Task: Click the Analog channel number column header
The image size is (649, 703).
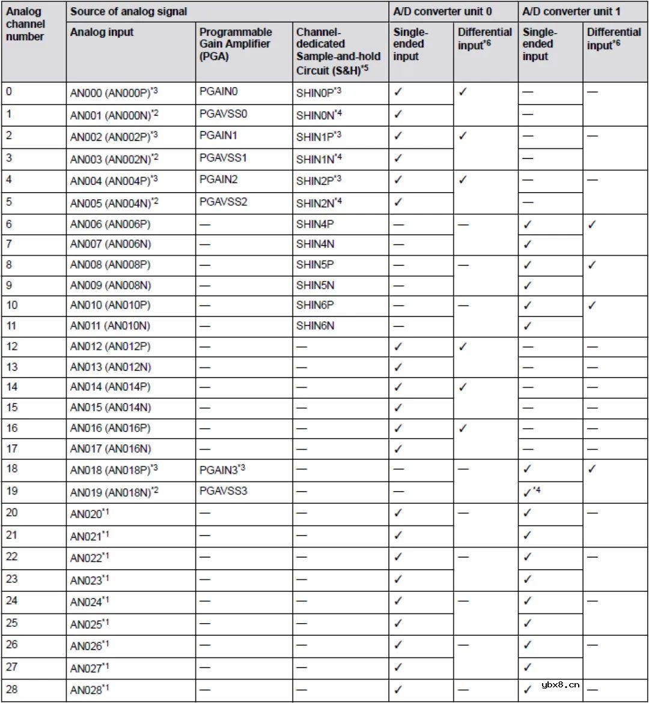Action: coord(25,24)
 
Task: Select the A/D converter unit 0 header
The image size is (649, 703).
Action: coord(439,11)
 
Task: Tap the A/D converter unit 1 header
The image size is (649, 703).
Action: coord(571,11)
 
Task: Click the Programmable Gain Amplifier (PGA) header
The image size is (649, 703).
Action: coord(236,44)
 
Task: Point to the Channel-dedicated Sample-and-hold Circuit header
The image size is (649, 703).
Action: coord(338,50)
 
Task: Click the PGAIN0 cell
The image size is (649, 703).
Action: coord(219,92)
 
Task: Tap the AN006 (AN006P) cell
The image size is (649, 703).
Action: coord(110,224)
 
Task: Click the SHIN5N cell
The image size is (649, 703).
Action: coord(315,285)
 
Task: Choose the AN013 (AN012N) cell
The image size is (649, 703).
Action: coord(110,367)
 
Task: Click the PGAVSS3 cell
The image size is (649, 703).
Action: coord(223,490)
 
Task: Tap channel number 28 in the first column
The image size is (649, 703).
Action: coord(12,689)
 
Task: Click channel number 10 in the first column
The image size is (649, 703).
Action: coord(12,305)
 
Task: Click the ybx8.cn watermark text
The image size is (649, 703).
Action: coord(560,685)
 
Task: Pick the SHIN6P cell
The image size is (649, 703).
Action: coord(315,305)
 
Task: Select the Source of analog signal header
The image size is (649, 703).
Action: coord(129,11)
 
